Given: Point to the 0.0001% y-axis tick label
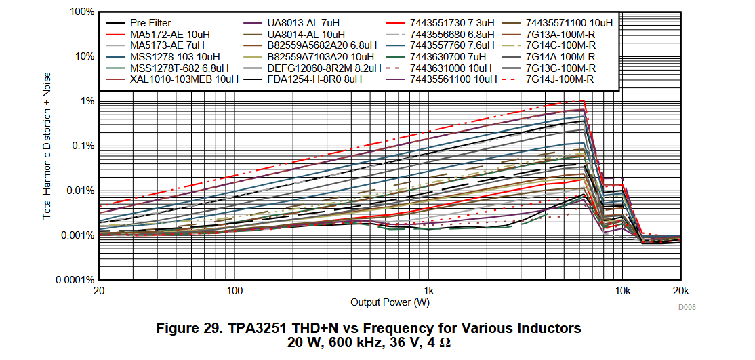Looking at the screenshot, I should coord(75,279).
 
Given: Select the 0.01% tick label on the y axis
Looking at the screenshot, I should coord(79,191).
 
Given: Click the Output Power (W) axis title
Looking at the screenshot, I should coord(390,302).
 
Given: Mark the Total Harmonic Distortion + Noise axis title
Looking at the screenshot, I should coord(47,146).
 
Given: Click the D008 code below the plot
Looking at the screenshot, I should coord(687,307).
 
